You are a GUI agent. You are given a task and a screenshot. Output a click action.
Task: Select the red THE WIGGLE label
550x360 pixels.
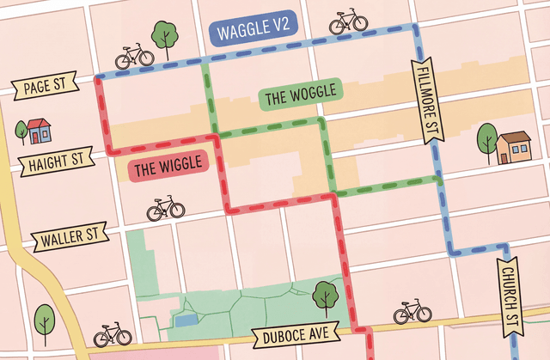coord(168,166)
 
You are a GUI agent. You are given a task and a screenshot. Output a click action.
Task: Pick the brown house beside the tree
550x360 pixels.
coord(514,148)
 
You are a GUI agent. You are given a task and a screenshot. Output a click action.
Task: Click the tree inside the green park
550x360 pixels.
coord(325,296)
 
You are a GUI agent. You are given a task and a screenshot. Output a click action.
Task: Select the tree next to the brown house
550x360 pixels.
coord(486,138)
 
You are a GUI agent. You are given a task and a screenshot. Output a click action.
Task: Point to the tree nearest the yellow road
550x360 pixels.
coord(45,323)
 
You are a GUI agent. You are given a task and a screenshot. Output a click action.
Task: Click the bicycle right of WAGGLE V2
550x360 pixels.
coord(348,21)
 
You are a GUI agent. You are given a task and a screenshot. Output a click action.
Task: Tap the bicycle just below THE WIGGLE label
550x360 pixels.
coord(166,208)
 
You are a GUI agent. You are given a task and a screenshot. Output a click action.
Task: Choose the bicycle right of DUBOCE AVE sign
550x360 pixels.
coord(412,312)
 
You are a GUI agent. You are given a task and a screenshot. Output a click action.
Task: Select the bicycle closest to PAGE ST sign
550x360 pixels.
coord(134,57)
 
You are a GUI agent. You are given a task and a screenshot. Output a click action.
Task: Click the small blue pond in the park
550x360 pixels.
coord(186,320)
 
